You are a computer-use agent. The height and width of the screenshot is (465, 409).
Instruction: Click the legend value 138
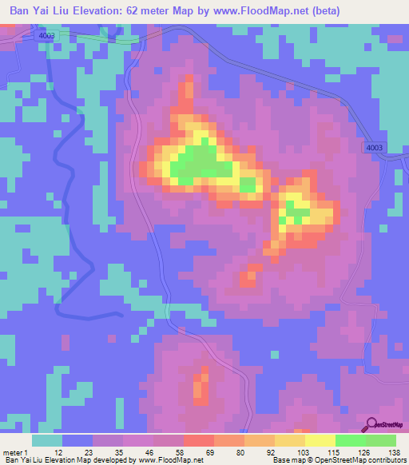[x=393, y=451]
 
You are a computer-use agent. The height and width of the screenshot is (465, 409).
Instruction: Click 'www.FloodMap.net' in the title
[x=264, y=10]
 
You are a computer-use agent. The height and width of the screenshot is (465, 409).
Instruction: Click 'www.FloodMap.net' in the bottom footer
[x=169, y=460]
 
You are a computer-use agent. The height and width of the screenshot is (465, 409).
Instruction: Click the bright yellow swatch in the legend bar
[x=320, y=440]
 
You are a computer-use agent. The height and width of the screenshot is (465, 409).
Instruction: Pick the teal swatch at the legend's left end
[x=47, y=440]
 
